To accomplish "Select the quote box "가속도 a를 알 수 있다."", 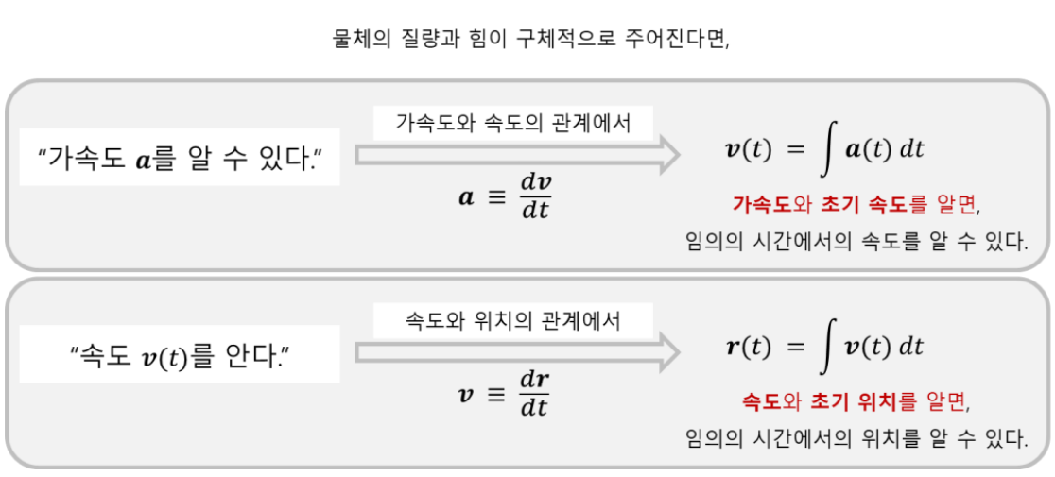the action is pyautogui.click(x=180, y=157).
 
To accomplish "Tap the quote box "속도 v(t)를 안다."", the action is pyautogui.click(x=180, y=355).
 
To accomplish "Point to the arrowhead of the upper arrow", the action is pyautogui.click(x=666, y=155).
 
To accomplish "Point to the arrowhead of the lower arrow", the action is pyautogui.click(x=666, y=353).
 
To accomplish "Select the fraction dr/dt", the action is pyautogui.click(x=535, y=394).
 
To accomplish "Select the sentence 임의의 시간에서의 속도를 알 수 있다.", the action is pyautogui.click(x=856, y=241).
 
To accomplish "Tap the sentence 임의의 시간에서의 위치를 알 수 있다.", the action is pyautogui.click(x=856, y=438).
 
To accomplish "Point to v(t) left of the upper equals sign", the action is pyautogui.click(x=748, y=149).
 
